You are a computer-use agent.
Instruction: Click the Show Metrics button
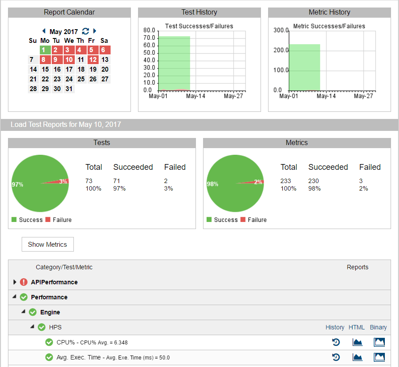click(x=47, y=245)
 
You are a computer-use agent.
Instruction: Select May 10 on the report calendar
click(x=69, y=60)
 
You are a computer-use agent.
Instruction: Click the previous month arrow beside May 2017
click(x=44, y=31)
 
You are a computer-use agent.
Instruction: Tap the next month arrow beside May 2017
click(x=95, y=31)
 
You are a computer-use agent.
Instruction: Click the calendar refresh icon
click(x=85, y=31)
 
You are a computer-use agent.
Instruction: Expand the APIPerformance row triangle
click(x=15, y=282)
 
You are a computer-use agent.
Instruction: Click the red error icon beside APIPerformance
click(x=24, y=282)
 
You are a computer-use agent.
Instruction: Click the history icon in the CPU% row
click(x=336, y=342)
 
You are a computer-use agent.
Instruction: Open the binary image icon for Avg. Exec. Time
click(x=379, y=357)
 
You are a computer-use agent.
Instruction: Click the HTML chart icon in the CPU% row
click(x=357, y=342)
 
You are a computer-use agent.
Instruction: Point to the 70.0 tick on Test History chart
click(x=150, y=38)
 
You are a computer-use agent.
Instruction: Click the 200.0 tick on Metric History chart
click(x=281, y=50)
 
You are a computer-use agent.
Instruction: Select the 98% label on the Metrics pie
click(x=212, y=184)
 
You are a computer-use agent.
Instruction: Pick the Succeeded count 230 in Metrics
click(x=314, y=181)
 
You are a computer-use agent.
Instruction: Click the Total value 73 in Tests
click(x=89, y=181)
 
